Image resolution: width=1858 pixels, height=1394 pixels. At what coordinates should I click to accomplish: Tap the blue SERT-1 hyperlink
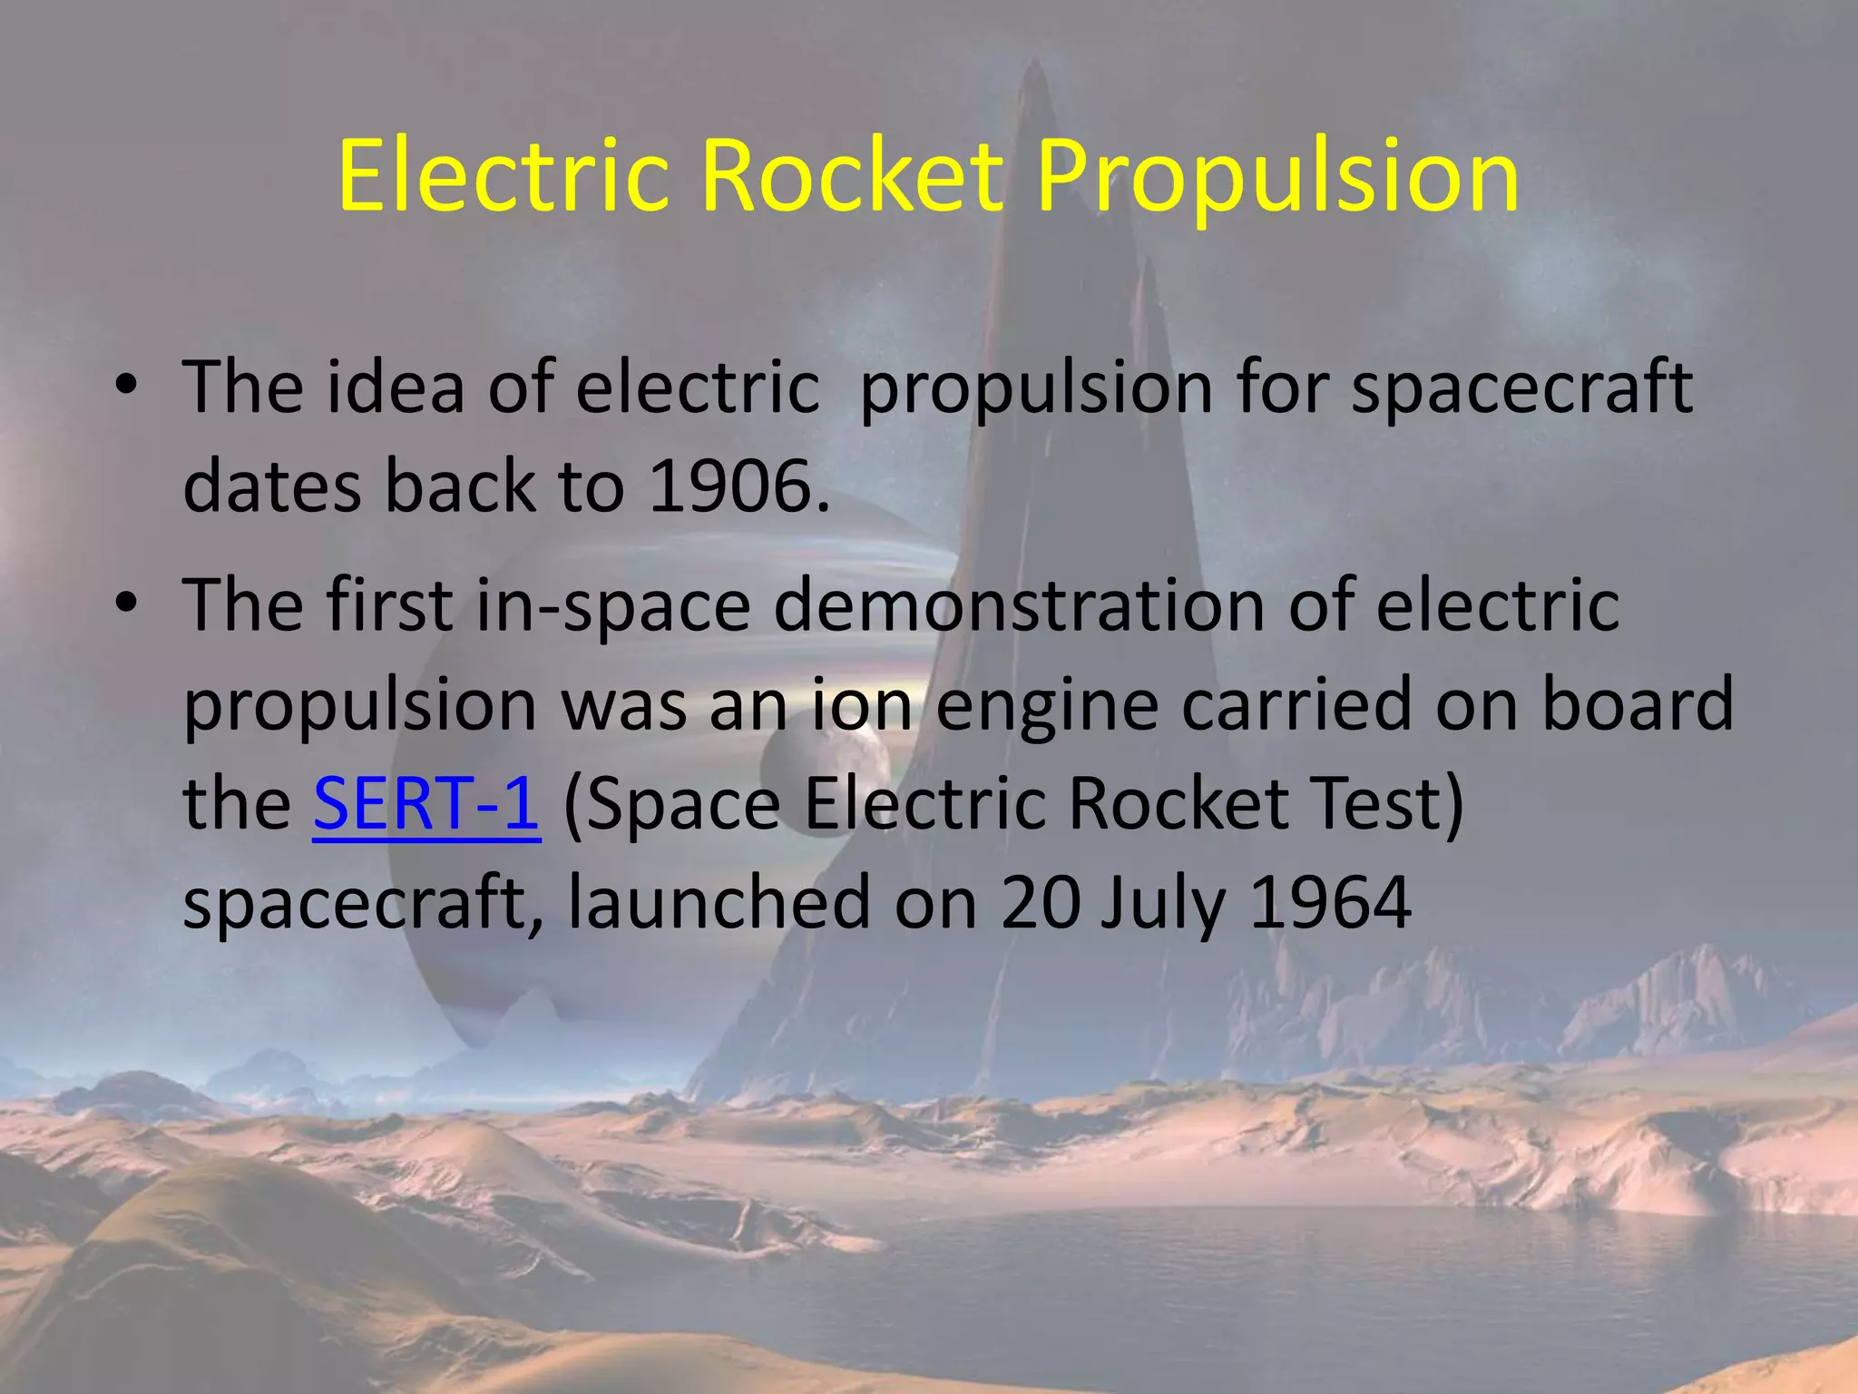(426, 804)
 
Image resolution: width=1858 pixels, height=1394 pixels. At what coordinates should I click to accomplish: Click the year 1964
(1330, 903)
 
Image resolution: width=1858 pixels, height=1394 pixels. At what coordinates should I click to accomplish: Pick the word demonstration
(1018, 605)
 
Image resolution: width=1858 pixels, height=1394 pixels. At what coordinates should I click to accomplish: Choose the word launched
(719, 903)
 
